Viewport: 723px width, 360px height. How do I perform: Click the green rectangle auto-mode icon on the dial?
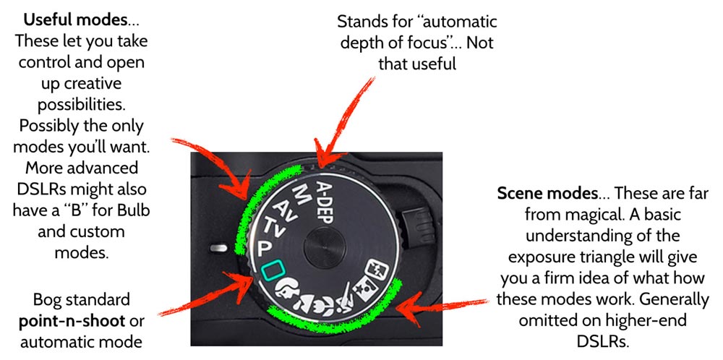[273, 271]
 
